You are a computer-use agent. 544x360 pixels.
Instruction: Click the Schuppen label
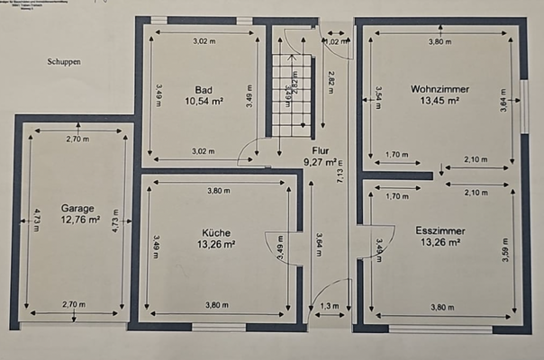[64, 63]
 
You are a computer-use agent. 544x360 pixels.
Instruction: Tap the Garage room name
[80, 206]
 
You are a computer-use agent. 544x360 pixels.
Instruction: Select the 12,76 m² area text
[80, 219]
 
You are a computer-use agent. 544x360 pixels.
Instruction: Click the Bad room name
[203, 89]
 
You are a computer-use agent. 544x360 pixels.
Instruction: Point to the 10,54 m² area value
[203, 102]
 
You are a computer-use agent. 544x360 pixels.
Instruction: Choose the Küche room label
[216, 232]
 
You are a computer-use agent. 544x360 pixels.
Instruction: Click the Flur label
[321, 151]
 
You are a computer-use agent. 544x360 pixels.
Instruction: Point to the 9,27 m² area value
[319, 163]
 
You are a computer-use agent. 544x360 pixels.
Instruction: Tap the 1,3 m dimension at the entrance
[331, 305]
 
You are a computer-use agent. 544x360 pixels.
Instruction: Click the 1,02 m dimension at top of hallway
[335, 41]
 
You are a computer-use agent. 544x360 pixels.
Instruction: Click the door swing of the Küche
[277, 247]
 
